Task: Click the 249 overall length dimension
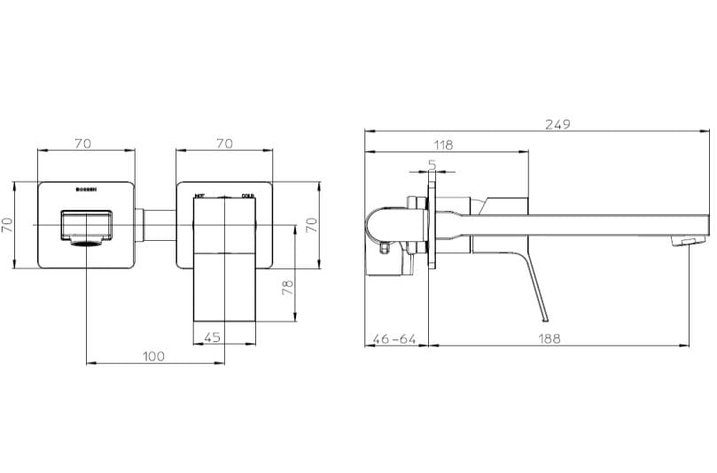point(557,124)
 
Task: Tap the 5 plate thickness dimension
point(432,164)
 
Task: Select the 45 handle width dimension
point(213,337)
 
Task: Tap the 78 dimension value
point(287,289)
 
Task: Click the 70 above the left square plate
point(85,143)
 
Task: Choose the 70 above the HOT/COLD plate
point(224,143)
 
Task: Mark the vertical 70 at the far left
point(8,225)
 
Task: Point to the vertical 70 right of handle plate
point(311,225)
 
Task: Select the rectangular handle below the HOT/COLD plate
point(223,292)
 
